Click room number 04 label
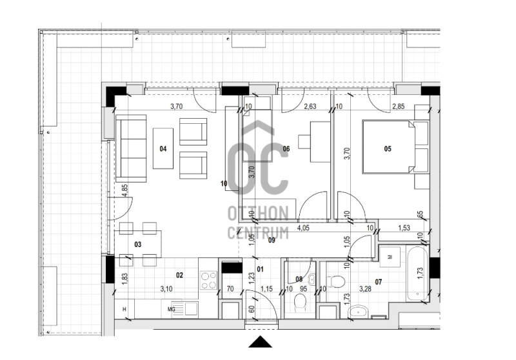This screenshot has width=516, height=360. (163, 149)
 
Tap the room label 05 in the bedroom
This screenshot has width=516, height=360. (388, 149)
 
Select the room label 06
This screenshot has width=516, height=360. (286, 149)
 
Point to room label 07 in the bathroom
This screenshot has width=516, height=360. (379, 282)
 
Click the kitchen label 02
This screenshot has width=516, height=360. (179, 275)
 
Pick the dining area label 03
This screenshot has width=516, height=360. (138, 244)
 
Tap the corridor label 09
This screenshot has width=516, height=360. (272, 240)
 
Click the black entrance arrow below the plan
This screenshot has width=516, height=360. (261, 341)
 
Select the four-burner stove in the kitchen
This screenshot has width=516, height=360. (208, 280)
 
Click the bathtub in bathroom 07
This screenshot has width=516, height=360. (417, 273)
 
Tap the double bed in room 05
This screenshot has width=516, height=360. (388, 147)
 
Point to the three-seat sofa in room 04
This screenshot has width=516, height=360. (131, 148)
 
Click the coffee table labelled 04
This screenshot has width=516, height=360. (163, 148)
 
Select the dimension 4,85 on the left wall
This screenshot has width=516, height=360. (124, 190)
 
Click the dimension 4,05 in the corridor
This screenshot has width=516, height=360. (303, 228)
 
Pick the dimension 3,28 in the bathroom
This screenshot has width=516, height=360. (365, 289)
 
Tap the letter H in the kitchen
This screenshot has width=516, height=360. (124, 309)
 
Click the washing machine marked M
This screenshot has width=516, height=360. (390, 257)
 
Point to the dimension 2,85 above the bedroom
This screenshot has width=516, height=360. (398, 106)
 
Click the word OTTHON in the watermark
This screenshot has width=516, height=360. (259, 214)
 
